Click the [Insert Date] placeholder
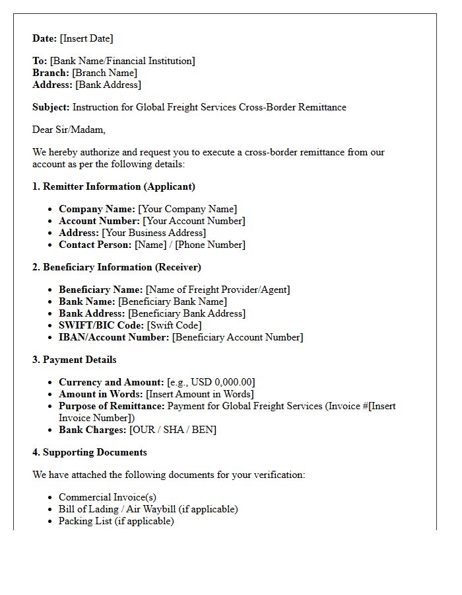86,38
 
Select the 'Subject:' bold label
51,107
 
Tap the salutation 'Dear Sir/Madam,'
69,130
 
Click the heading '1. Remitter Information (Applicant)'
114,186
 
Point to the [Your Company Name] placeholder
187,209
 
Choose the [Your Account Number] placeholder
194,221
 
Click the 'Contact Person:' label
95,245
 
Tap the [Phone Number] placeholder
210,245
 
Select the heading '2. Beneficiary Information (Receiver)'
117,267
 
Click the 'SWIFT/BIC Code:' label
101,325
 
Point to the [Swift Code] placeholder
174,325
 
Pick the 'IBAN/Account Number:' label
114,337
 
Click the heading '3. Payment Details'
75,360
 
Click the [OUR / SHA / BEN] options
172,430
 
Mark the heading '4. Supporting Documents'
90,452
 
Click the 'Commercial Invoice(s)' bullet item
108,497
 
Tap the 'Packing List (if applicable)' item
116,521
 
